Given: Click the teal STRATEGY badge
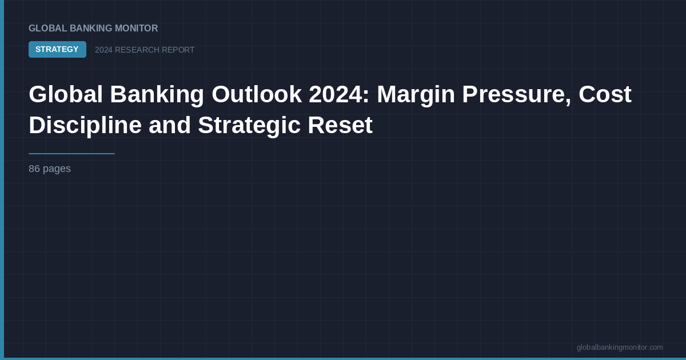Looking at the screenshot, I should (57, 49).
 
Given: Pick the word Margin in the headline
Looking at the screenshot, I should (415, 94).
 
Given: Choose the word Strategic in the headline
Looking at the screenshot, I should (249, 125).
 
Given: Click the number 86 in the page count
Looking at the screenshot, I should (34, 169).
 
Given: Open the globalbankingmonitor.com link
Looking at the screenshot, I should (620, 347).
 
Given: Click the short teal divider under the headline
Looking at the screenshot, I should (71, 154).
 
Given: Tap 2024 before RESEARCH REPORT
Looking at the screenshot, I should (103, 50).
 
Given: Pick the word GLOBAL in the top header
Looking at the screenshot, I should (48, 28).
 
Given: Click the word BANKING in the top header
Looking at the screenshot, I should (89, 28).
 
